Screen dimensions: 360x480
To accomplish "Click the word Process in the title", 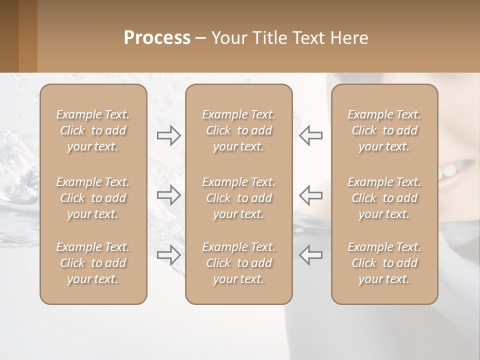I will pos(157,38).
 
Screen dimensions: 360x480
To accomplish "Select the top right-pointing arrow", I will pos(169,135).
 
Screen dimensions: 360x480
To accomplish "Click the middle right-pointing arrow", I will pos(169,195).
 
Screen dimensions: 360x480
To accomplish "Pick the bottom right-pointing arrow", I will pos(169,254).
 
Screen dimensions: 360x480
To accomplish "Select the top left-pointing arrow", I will pos(310,135).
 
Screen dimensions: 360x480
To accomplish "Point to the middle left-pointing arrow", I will pos(310,195).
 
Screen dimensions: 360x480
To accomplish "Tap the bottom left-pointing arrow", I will pos(310,254).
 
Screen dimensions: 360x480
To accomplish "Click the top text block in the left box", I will pos(93,130).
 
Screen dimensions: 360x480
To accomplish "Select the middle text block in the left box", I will pos(93,198).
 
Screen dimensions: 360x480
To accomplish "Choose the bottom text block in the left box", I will pos(93,263).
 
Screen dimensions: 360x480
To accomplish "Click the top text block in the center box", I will pos(238,130).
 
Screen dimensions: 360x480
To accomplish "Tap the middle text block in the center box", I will pos(238,198).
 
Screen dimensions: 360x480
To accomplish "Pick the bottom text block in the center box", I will pos(238,263).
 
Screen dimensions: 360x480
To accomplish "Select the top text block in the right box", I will pos(384,130).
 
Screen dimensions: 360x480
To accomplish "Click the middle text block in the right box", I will pos(384,198).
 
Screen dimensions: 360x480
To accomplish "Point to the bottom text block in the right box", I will pos(384,263).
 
